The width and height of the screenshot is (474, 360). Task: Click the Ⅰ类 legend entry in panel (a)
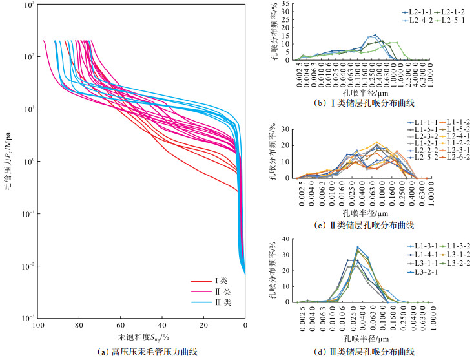(x=216, y=281)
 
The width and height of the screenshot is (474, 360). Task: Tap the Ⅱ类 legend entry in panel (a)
(x=216, y=292)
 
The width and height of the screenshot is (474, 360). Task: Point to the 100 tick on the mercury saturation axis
(x=38, y=326)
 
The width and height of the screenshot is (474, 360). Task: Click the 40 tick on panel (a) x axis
(x=162, y=326)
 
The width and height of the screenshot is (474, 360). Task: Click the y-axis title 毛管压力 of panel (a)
(x=9, y=162)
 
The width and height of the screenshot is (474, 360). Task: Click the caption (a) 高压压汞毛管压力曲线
(x=142, y=351)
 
